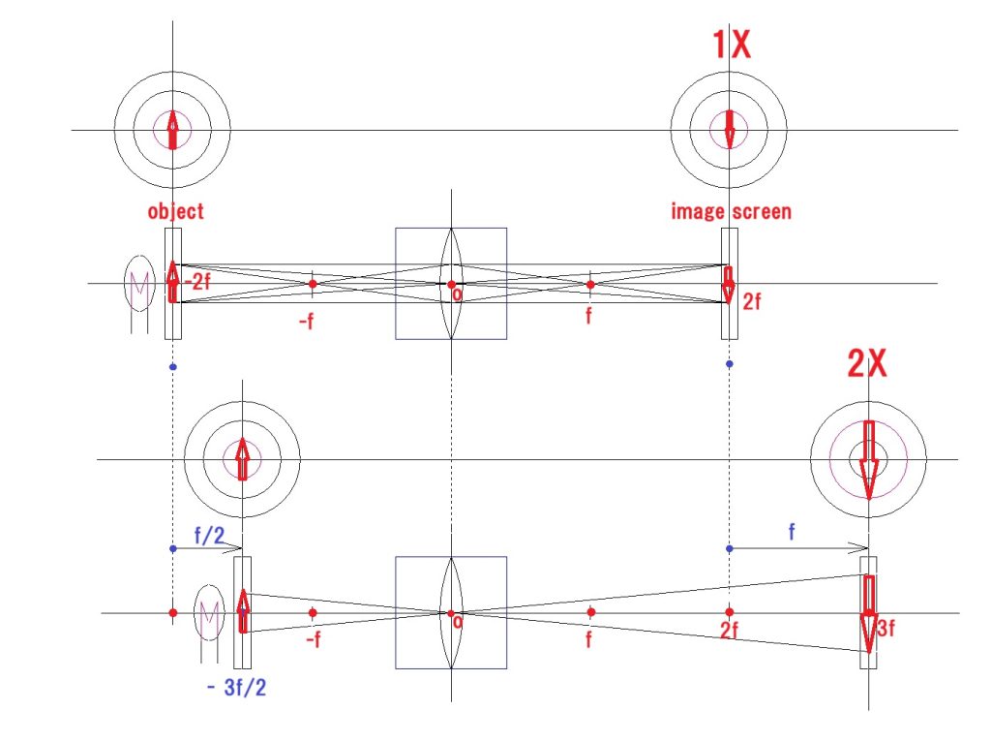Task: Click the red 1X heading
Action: (x=732, y=45)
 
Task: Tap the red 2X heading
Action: (x=867, y=363)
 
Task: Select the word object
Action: (x=176, y=211)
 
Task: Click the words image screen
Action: (x=732, y=210)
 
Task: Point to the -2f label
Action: (x=197, y=281)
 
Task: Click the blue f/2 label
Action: (x=209, y=535)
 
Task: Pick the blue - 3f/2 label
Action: (x=236, y=687)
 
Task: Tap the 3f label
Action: (x=886, y=628)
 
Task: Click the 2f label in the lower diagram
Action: (x=730, y=630)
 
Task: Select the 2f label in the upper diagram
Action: (x=751, y=301)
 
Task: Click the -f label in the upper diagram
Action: (x=307, y=322)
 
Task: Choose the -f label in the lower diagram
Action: (x=314, y=639)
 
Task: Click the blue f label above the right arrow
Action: (x=792, y=531)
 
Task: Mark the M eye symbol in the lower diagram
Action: (x=209, y=623)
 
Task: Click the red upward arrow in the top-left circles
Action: (x=172, y=131)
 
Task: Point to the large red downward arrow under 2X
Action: (x=869, y=460)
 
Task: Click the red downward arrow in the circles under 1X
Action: (x=730, y=130)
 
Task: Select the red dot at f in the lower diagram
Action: (x=591, y=612)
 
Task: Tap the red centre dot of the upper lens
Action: (x=451, y=285)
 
